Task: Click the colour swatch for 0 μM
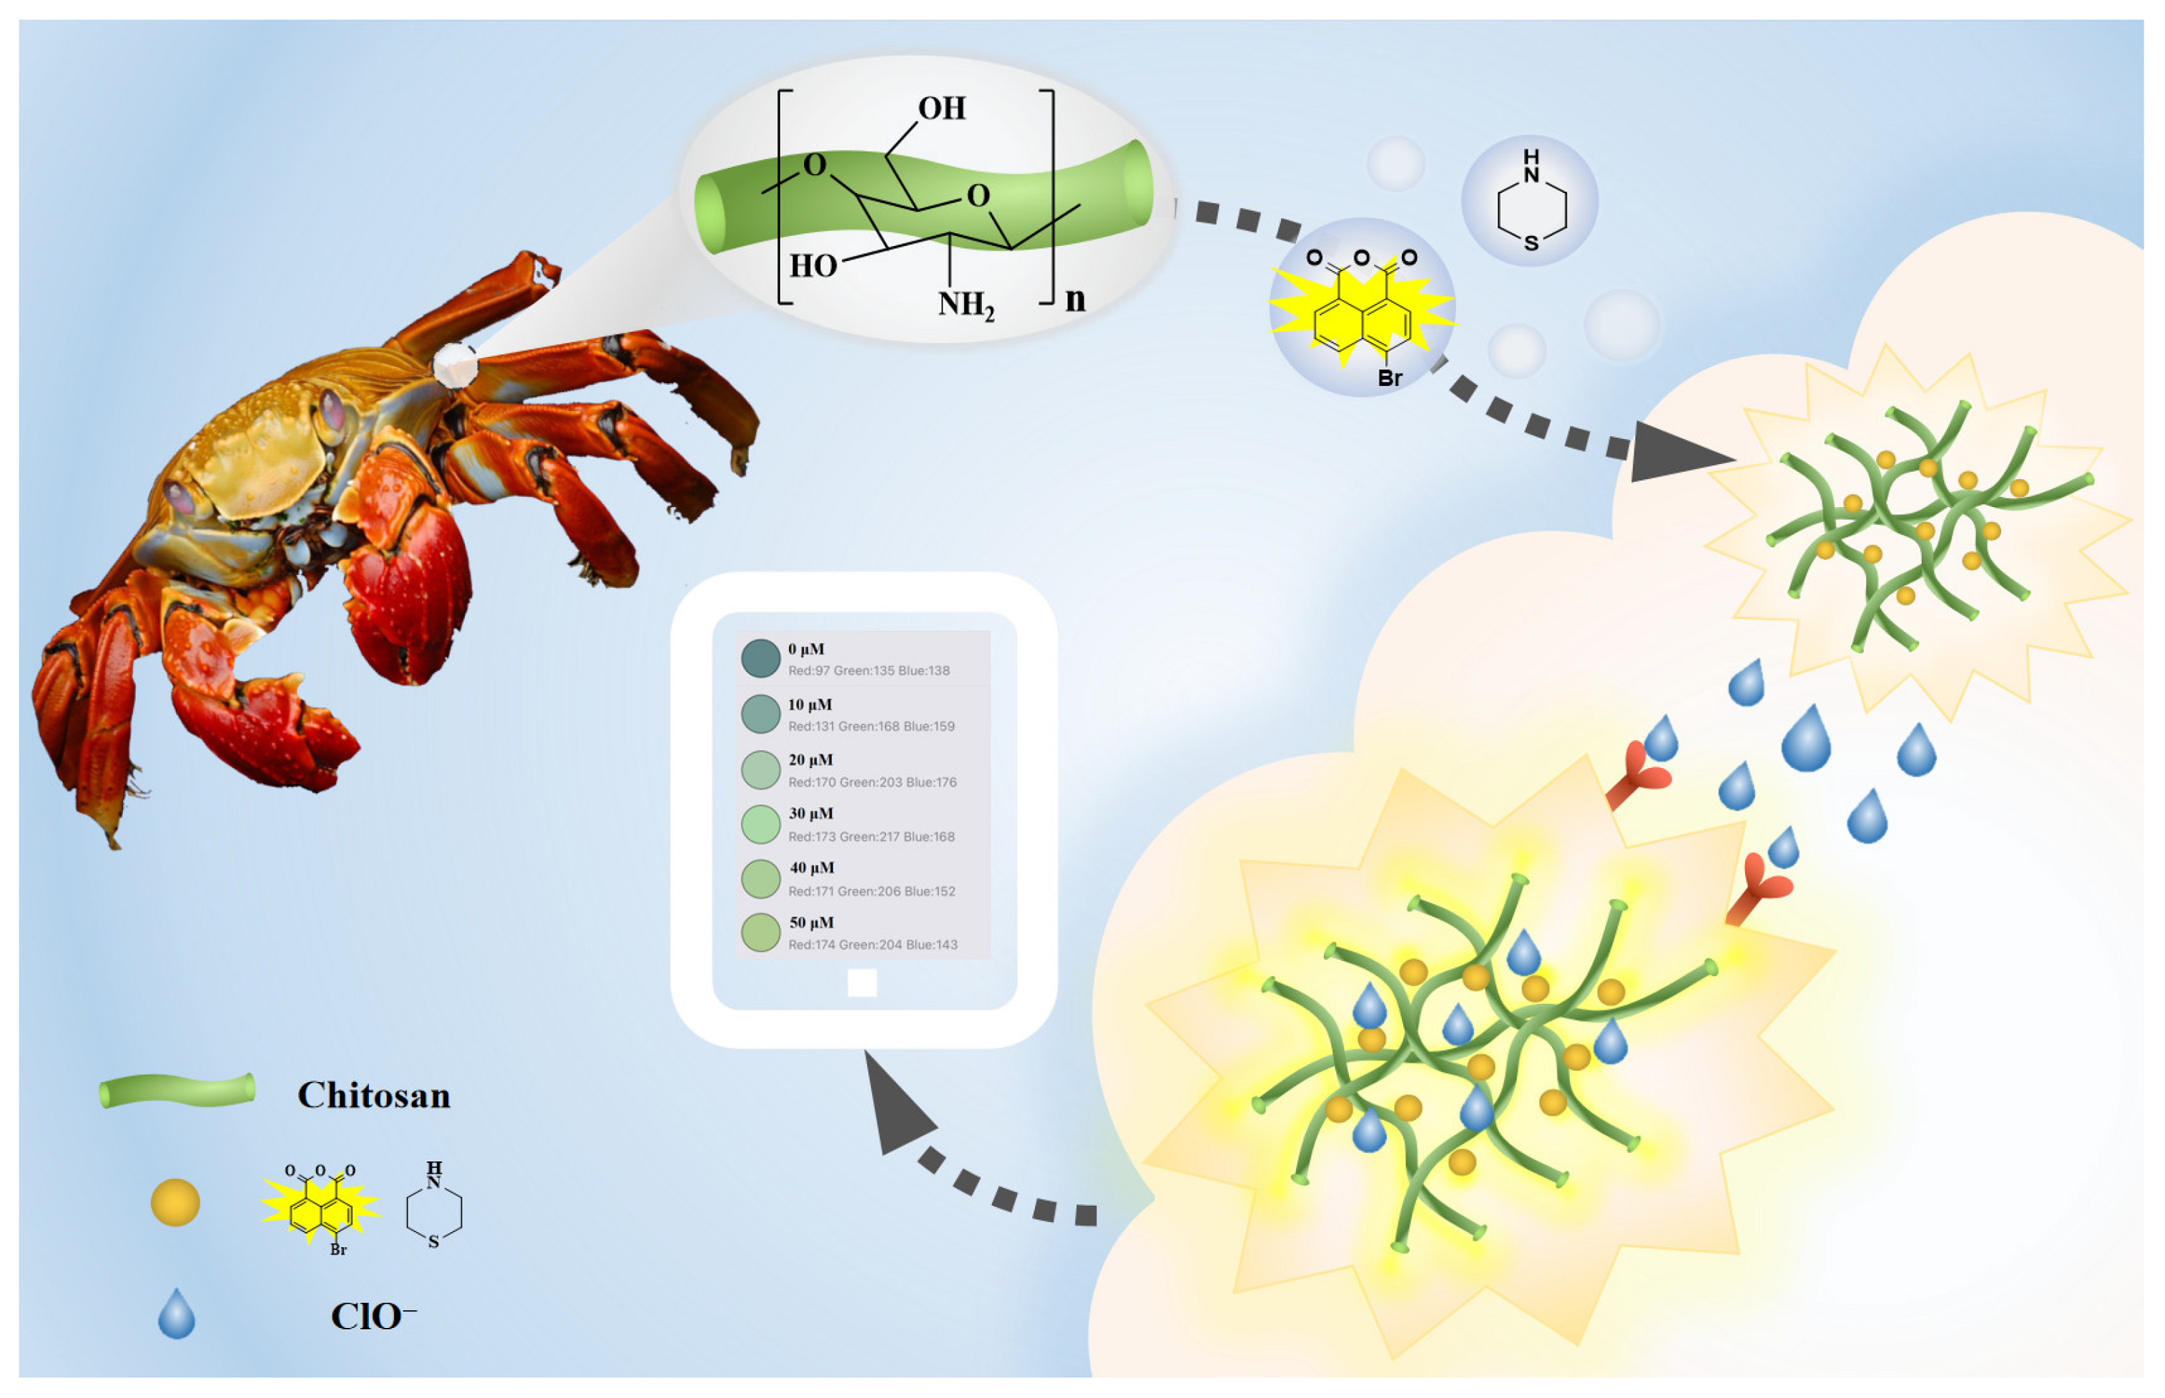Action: click(761, 658)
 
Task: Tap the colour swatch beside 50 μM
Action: click(761, 932)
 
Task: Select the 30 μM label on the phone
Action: click(810, 813)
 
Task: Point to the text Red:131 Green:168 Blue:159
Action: click(870, 727)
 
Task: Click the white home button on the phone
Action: click(861, 983)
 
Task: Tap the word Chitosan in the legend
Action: click(374, 1096)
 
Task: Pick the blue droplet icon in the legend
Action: click(176, 1314)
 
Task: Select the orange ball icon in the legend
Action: click(175, 1203)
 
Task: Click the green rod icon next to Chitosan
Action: click(177, 1091)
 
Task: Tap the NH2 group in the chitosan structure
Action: click(966, 304)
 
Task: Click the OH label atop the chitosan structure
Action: click(941, 109)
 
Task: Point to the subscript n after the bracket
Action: click(1075, 299)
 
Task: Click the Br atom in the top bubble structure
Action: click(1390, 378)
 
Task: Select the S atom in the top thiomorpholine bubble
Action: click(1531, 242)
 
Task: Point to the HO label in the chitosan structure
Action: click(813, 266)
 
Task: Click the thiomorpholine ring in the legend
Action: click(434, 1207)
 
